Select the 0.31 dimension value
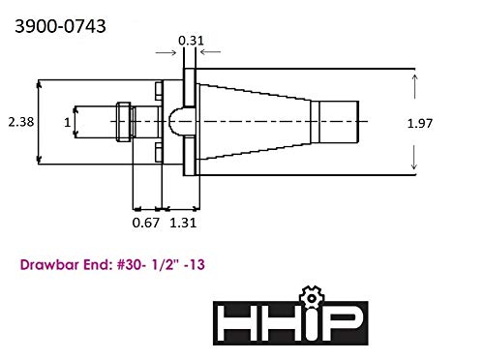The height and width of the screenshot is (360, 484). tap(190, 40)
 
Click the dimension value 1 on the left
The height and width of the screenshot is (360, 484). tap(67, 122)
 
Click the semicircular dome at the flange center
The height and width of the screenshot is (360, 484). tap(176, 122)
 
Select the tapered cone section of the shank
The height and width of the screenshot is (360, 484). tap(257, 122)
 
